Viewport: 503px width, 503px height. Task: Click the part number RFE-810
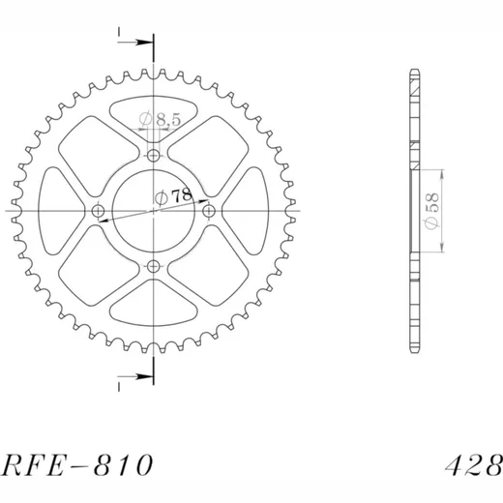[77, 464]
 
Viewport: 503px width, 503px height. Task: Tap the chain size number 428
[474, 465]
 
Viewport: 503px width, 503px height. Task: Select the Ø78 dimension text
[173, 197]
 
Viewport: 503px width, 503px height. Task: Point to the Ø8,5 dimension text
[160, 119]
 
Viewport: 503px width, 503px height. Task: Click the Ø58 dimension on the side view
[431, 211]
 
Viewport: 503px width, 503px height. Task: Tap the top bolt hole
[154, 156]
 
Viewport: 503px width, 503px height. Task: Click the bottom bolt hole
[154, 267]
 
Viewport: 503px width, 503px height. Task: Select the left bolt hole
[98, 212]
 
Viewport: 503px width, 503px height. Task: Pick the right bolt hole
[209, 212]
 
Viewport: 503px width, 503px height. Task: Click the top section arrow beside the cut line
[134, 42]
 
